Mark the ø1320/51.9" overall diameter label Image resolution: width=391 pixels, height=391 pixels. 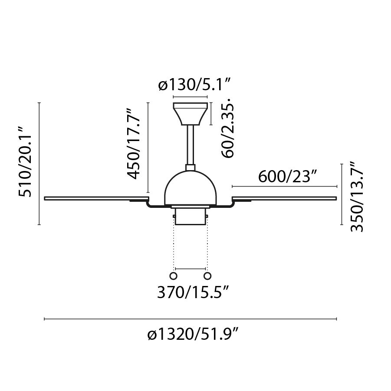(193, 335)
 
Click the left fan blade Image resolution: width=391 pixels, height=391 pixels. (95, 198)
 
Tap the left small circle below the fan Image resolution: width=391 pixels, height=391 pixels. (174, 276)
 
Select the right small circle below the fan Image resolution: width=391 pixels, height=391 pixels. (207, 276)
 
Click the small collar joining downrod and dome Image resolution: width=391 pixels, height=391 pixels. (191, 167)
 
